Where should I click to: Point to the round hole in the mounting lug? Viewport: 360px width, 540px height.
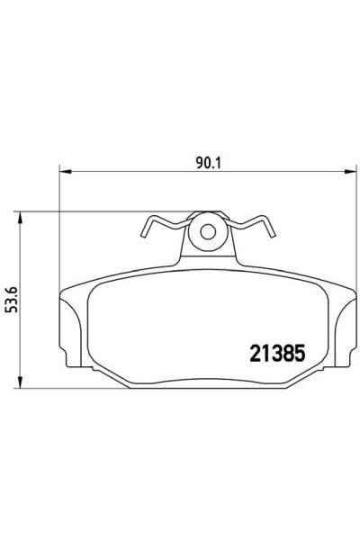point(208,231)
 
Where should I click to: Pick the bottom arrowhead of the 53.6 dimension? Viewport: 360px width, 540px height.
point(22,379)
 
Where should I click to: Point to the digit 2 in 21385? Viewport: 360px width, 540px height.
point(252,353)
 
